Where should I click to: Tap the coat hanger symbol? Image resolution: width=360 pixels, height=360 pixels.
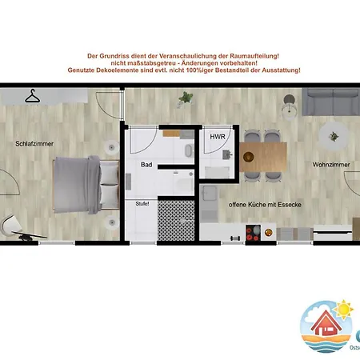pyautogui.click(x=33, y=96)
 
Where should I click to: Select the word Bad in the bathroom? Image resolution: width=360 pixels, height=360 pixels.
pyautogui.click(x=146, y=165)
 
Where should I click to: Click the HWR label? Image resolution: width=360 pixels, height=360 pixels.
pyautogui.click(x=217, y=138)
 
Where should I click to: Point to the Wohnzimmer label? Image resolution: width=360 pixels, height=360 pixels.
pyautogui.click(x=331, y=165)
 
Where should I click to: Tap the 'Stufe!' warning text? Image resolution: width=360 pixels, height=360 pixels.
pyautogui.click(x=143, y=203)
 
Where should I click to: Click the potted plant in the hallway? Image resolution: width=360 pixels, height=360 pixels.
pyautogui.click(x=186, y=98)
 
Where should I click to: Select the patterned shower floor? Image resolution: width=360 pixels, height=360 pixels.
pyautogui.click(x=174, y=219)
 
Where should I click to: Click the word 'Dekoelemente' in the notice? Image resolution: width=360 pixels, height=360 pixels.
pyautogui.click(x=131, y=71)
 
